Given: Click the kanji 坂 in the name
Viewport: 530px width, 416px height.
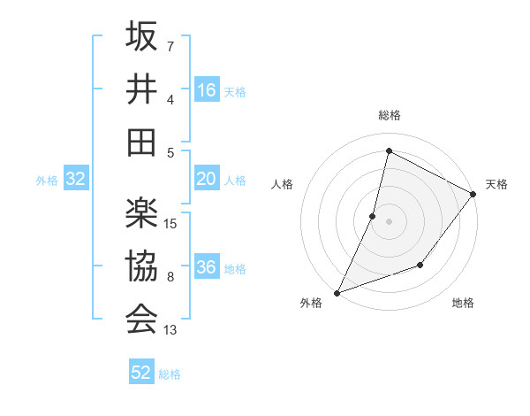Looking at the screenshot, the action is [141, 36].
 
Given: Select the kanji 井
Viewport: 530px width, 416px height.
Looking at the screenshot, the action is [141, 89].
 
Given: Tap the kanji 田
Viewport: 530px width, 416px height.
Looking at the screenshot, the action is [141, 143].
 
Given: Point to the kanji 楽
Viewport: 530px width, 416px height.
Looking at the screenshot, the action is [141, 213].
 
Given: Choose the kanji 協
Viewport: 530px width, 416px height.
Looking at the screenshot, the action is [141, 266].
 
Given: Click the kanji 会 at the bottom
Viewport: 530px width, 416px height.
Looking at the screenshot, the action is [141, 320].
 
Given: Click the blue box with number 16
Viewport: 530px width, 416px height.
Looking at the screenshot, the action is [207, 89].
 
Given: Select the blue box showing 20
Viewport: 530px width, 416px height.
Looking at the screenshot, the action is [207, 179].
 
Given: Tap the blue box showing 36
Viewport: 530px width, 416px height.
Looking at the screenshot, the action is [207, 267].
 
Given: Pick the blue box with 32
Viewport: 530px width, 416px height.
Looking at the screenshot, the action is [75, 179].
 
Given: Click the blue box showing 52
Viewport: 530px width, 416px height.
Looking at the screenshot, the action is [141, 373].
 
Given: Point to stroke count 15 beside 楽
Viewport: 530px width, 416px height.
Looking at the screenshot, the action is [171, 223].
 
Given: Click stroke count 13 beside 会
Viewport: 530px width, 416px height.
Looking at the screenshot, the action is [171, 330].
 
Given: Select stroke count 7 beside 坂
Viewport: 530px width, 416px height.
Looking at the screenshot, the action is [170, 46].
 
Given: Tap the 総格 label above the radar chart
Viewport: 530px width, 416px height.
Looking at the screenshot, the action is [389, 116].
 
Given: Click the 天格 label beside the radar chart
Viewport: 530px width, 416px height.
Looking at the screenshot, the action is [497, 184].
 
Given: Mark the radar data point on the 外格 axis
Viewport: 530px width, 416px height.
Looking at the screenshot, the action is [337, 292].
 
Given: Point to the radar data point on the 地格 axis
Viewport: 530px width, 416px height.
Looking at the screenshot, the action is [421, 265].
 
